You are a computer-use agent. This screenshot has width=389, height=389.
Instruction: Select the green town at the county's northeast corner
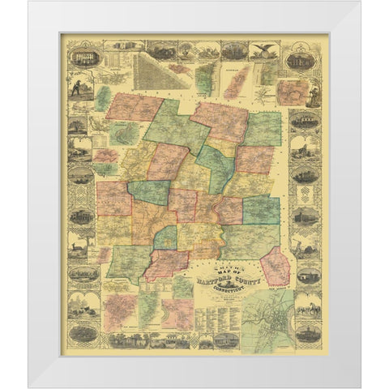coord(263,127)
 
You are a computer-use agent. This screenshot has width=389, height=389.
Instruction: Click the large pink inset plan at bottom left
coord(121,311)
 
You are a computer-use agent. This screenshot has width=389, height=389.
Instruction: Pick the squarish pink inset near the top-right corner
coord(289,91)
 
